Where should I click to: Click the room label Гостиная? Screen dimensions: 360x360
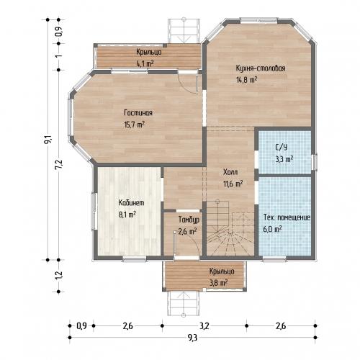[138, 113]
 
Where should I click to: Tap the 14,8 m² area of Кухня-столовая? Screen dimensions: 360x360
[247, 80]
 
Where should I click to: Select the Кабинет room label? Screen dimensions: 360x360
[131, 203]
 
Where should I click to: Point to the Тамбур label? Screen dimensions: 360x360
[189, 220]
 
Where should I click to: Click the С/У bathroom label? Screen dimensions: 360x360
[281, 147]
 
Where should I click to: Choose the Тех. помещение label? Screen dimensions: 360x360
[287, 217]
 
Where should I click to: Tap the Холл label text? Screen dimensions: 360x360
[230, 172]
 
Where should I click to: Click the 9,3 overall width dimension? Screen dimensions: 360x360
[192, 338]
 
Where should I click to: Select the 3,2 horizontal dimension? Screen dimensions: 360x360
[204, 326]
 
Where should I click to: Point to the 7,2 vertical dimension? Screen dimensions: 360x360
[59, 165]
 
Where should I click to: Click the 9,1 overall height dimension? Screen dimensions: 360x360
[48, 140]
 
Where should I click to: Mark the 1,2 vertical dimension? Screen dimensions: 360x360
[59, 275]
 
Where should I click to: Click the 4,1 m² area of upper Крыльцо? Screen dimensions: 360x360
[145, 63]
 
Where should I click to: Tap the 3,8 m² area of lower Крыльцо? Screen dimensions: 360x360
[219, 283]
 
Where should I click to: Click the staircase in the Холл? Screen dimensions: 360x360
[230, 228]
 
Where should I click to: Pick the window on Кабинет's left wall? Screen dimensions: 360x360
[94, 211]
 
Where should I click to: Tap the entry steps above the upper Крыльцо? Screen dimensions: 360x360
[184, 31]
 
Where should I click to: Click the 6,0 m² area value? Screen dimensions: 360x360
[272, 229]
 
